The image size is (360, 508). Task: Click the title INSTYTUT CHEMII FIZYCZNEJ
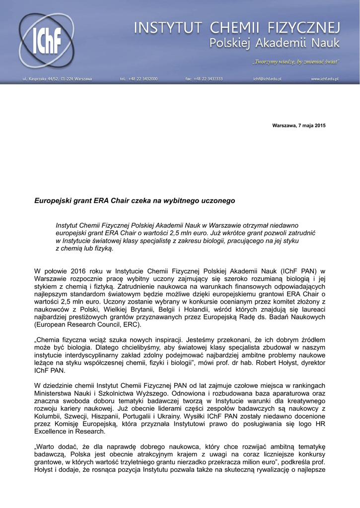[237, 27]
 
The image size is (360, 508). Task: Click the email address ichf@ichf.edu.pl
[267, 79]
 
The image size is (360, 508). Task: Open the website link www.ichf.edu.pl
[325, 79]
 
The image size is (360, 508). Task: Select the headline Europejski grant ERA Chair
[134, 201]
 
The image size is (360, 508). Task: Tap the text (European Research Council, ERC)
[87, 325]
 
